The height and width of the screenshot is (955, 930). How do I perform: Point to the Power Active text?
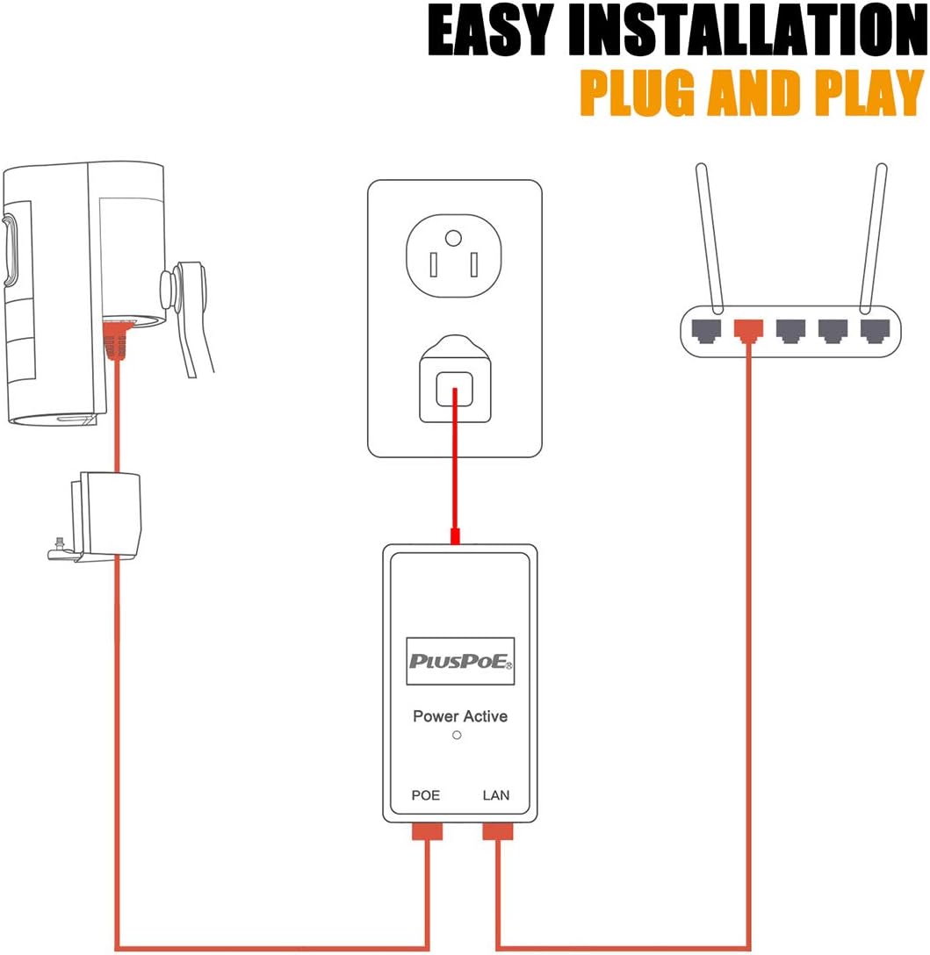click(460, 716)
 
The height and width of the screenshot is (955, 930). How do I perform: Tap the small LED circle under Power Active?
click(457, 736)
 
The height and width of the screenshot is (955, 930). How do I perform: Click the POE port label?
click(426, 795)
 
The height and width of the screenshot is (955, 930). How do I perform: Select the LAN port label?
click(496, 795)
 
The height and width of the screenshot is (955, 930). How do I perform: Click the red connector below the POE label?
click(427, 830)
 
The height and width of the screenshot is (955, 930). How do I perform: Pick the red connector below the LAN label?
click(497, 830)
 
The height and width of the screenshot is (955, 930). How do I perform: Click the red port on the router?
click(748, 330)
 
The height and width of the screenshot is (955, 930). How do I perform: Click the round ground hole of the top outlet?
click(453, 237)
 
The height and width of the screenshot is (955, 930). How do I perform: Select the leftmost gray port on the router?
click(708, 330)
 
